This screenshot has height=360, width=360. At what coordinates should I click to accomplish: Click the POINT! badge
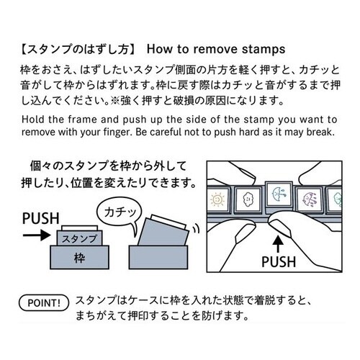point(44,303)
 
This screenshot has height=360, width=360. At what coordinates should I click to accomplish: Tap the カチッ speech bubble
point(120,213)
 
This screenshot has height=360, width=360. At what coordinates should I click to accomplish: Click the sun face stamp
point(217,199)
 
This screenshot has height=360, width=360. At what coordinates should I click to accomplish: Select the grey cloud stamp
point(247,200)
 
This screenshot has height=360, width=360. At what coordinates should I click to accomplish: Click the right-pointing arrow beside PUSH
point(37,235)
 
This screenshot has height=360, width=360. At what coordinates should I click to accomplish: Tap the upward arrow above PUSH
point(278,244)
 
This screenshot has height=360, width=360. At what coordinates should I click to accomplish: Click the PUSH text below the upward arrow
point(279,262)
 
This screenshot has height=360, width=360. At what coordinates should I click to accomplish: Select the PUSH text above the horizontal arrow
point(41,218)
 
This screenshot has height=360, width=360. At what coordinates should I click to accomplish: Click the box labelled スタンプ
point(79,238)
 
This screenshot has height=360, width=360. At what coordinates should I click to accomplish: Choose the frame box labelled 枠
point(79,257)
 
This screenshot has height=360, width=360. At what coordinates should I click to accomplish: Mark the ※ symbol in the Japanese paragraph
point(114,101)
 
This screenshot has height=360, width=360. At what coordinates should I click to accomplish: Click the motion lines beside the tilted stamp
point(196,228)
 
